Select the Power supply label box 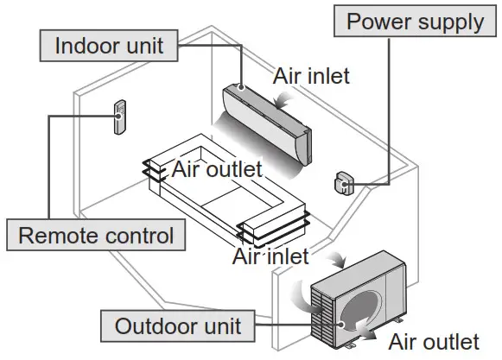[x=416, y=21]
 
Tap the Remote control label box [x=96, y=235]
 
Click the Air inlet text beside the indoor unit [x=312, y=76]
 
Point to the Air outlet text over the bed [x=216, y=169]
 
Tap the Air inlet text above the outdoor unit [x=271, y=256]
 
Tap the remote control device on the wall [x=119, y=117]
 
